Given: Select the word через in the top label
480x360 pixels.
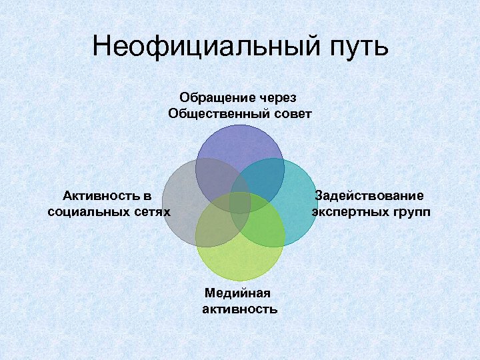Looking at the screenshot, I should (x=282, y=98).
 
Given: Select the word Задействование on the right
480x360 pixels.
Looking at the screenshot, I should (x=369, y=195).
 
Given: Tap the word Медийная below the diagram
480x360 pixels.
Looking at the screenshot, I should (x=239, y=293).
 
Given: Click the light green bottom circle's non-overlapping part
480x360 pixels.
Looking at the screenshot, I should (x=240, y=263).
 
